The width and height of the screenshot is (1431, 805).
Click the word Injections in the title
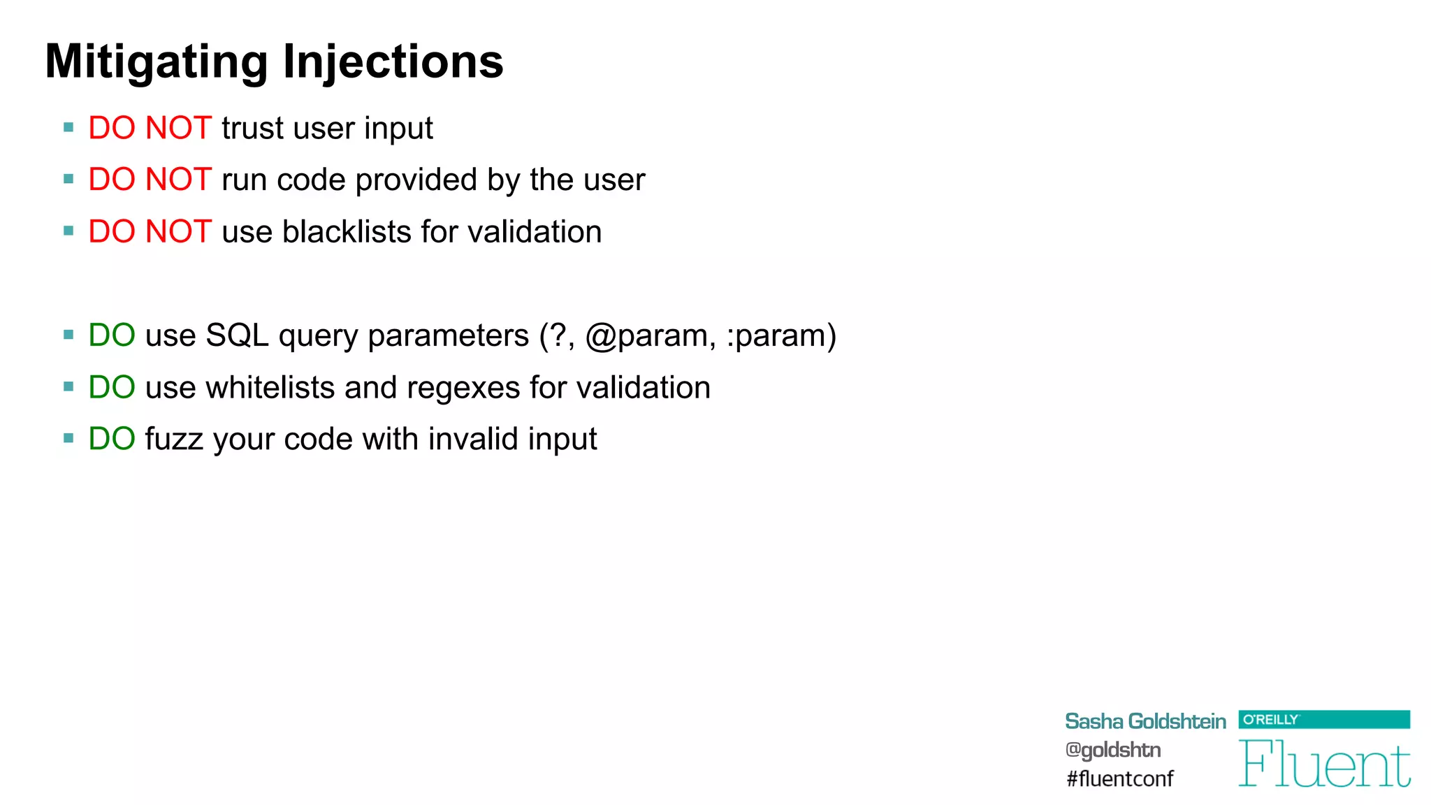[x=393, y=62]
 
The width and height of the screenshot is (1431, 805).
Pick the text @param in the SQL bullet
[x=650, y=336]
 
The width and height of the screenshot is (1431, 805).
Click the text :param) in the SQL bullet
[x=781, y=336]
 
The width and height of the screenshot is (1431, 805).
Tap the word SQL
[x=237, y=336]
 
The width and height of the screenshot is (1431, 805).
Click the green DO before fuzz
[x=112, y=440]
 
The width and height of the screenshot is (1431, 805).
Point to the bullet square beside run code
[x=68, y=180]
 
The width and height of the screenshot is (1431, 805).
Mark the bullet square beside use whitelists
[x=68, y=387]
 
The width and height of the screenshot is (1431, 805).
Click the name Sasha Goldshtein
[x=1145, y=721]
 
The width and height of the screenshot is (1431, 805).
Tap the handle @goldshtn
[x=1112, y=750]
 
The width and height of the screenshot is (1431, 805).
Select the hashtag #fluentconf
[x=1119, y=778]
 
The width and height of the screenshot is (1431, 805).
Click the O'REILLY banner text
[x=1270, y=720]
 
